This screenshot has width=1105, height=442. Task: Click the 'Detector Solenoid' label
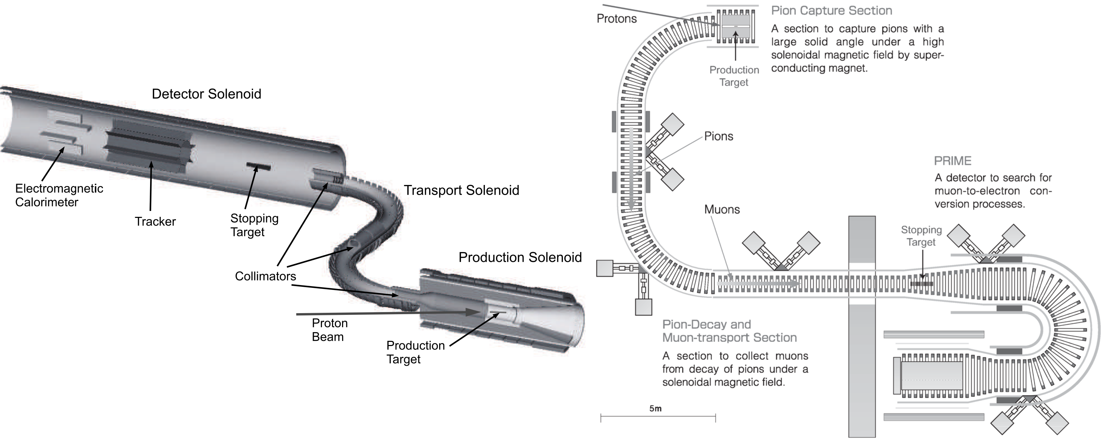click(x=206, y=94)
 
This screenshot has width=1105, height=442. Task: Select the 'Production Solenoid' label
click(x=520, y=257)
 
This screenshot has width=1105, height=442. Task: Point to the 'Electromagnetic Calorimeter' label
click(x=59, y=195)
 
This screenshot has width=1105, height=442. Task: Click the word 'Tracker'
click(x=155, y=222)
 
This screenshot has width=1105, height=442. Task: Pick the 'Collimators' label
click(x=265, y=276)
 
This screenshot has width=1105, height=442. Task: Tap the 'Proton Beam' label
click(x=329, y=330)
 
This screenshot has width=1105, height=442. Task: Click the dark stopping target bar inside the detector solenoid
click(x=258, y=166)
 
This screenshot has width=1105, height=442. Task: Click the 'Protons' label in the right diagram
click(x=616, y=19)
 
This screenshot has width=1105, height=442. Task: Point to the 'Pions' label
click(x=719, y=136)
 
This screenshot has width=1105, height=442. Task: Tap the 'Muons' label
click(x=722, y=210)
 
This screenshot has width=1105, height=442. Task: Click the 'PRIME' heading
click(x=952, y=161)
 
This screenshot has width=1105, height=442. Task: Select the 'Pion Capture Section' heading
click(x=831, y=11)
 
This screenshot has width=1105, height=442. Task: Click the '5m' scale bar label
click(x=655, y=408)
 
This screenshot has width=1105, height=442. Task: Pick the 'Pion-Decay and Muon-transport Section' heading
click(x=729, y=331)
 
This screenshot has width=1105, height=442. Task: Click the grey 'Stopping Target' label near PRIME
click(x=921, y=236)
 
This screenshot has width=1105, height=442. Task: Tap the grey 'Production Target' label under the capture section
click(x=734, y=76)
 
